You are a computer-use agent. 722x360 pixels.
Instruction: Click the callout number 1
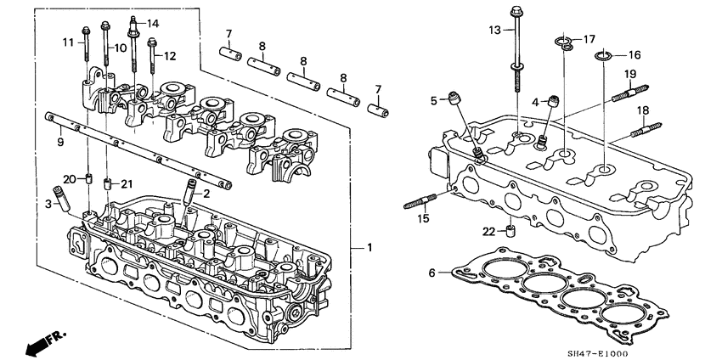[369, 248]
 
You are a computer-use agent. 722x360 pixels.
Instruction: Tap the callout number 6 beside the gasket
[432, 273]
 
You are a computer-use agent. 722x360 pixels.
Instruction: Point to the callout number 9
[60, 142]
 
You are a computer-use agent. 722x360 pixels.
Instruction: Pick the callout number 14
[153, 22]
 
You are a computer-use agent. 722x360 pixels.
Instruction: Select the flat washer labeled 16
[604, 57]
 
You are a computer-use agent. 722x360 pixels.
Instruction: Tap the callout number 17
[588, 38]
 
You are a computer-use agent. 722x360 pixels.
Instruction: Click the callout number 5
[433, 101]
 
